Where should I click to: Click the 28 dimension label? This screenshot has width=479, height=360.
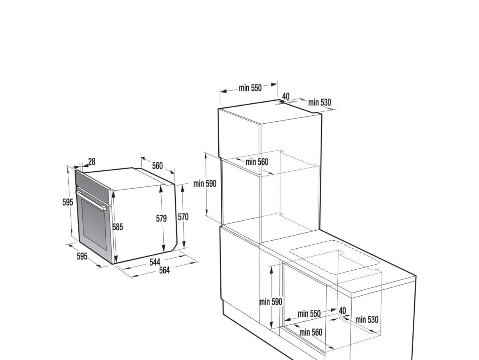click(x=92, y=162)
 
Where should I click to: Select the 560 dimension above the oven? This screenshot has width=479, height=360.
click(x=157, y=166)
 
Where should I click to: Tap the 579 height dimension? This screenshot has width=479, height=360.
click(x=161, y=218)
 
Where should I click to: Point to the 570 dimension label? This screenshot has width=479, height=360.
click(x=183, y=217)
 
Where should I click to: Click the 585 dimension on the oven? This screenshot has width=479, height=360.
click(x=118, y=227)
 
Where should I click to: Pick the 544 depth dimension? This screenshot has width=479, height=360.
click(x=155, y=262)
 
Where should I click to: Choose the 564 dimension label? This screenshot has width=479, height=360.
click(x=164, y=270)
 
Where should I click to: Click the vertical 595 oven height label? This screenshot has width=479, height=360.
click(x=67, y=202)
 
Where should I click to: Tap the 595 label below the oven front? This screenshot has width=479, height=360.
click(x=82, y=256)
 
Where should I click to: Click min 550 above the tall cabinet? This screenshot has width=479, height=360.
click(x=250, y=88)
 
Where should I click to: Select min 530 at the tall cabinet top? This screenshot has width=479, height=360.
click(x=319, y=102)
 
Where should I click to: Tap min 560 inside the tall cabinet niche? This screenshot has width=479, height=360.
click(x=257, y=162)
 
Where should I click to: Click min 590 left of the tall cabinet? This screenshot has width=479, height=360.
click(x=205, y=184)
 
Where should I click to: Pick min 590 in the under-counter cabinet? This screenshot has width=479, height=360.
click(x=271, y=302)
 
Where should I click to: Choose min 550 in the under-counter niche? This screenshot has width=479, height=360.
click(x=309, y=314)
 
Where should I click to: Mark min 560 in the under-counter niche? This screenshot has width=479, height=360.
click(x=311, y=332)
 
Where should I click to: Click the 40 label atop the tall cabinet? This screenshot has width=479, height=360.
click(x=286, y=96)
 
